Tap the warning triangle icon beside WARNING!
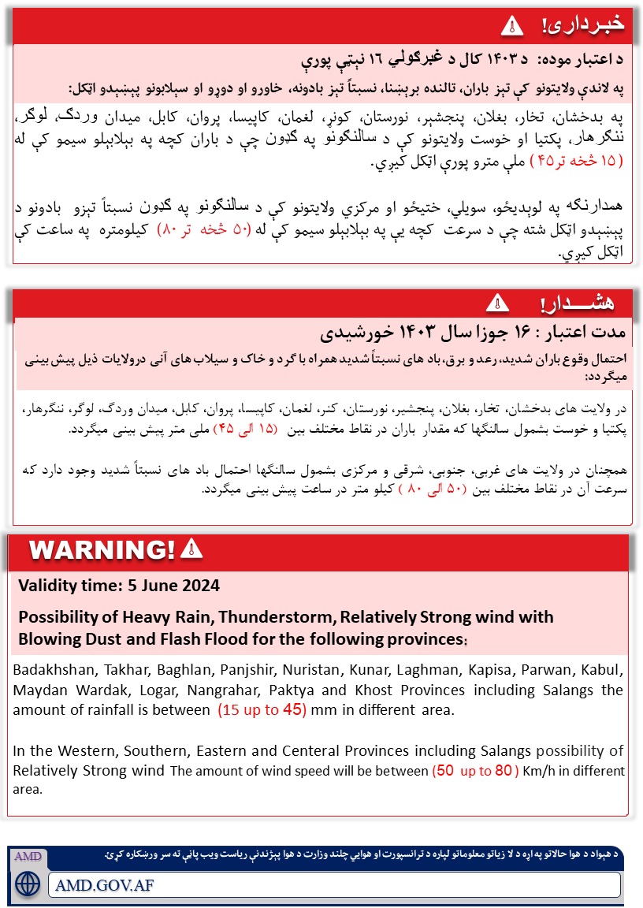[x=191, y=549]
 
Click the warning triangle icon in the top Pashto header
[x=511, y=26]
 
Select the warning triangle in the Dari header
[x=496, y=303]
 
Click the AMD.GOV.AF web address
[x=105, y=884]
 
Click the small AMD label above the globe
[x=28, y=856]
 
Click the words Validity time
[x=65, y=586]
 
